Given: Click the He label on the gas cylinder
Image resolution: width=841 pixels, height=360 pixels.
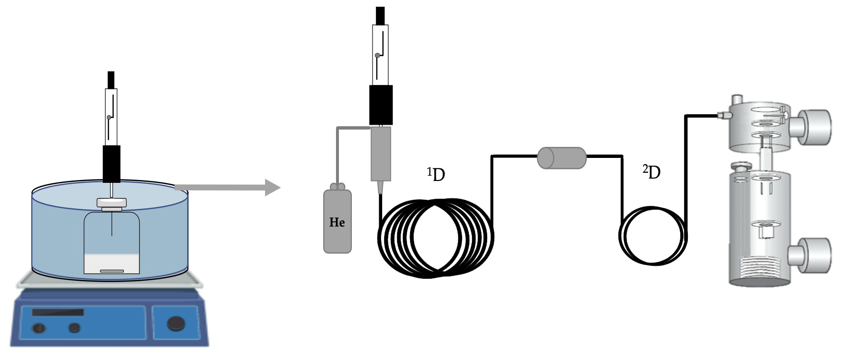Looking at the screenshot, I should tap(337, 222).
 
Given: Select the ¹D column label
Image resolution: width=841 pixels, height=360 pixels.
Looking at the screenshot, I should tap(436, 175).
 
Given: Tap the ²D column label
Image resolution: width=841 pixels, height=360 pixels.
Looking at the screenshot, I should tap(652, 172).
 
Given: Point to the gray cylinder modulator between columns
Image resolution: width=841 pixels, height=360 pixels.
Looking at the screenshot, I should tap(562, 158).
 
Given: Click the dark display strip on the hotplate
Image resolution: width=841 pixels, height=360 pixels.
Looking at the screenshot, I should tap(58, 312).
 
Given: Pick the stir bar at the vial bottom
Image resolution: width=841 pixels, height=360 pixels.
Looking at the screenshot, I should tap(112, 271).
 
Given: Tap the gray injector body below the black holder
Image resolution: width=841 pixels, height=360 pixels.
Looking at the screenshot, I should tap(381, 154).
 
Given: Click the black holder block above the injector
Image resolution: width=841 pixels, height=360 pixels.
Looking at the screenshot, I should tap(381, 105).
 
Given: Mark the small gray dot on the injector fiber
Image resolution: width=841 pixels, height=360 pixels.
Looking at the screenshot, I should tap(378, 56).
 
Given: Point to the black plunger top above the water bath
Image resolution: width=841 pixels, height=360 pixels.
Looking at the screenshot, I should tap(111, 79).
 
